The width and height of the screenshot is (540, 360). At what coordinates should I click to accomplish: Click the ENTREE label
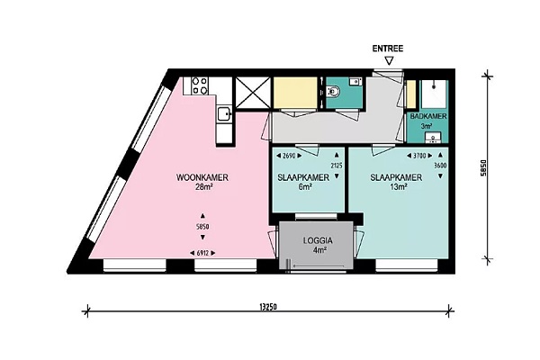click(387, 49)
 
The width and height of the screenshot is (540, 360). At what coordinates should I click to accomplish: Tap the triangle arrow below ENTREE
click(389, 61)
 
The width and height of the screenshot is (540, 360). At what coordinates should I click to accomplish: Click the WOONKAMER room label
click(202, 177)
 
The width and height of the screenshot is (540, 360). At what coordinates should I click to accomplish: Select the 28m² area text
click(203, 187)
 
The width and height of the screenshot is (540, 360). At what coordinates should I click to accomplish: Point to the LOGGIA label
click(318, 240)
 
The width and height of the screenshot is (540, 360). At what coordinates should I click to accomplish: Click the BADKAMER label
click(428, 116)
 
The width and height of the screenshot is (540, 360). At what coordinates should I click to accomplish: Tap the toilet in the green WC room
click(333, 92)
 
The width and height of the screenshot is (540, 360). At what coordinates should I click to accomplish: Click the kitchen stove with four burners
click(200, 85)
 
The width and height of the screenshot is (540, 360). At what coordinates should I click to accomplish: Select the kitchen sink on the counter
click(224, 113)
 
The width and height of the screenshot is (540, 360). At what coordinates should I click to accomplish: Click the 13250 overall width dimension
click(267, 307)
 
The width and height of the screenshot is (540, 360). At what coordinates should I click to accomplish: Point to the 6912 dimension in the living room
click(202, 253)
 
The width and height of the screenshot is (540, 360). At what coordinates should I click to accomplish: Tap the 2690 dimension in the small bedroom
click(289, 156)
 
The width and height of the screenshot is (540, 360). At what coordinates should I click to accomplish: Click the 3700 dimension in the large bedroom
click(419, 156)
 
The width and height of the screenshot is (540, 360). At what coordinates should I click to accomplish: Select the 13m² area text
click(399, 187)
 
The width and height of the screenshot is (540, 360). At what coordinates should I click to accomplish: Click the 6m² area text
click(305, 187)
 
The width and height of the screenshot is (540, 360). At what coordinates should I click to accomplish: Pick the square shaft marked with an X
click(253, 93)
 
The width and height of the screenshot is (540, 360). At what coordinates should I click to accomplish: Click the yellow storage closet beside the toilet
click(295, 93)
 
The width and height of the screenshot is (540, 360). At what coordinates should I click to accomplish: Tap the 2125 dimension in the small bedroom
click(337, 166)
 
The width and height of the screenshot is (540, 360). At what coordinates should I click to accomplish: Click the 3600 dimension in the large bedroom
click(440, 166)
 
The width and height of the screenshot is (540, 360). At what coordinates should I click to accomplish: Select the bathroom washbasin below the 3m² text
click(433, 138)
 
